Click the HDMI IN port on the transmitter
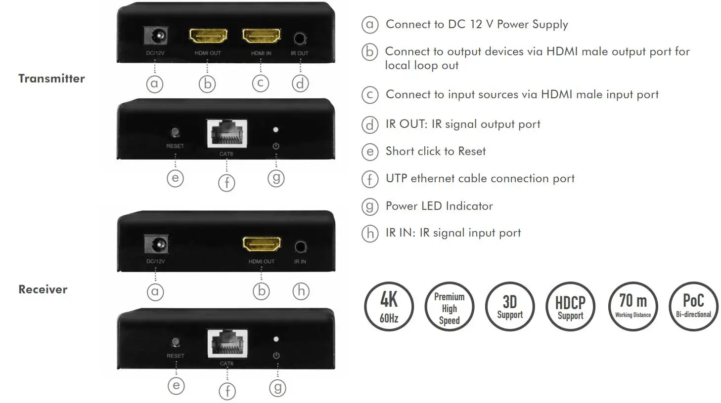click(x=261, y=36)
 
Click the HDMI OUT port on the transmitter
click(x=208, y=36)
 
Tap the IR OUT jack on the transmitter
click(x=300, y=38)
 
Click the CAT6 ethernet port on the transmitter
click(x=226, y=133)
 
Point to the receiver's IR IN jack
click(x=300, y=246)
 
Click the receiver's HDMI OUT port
click(x=262, y=244)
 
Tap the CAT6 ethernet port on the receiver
click(x=227, y=343)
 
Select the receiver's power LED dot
click(x=276, y=339)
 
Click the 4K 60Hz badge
click(x=389, y=307)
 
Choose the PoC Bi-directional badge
click(x=693, y=307)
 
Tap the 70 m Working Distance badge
click(x=633, y=307)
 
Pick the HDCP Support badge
click(x=570, y=307)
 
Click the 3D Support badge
click(x=510, y=307)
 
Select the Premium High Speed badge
click(x=449, y=307)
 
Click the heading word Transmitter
click(x=51, y=79)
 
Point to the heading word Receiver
click(x=43, y=289)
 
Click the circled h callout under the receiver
click(x=301, y=291)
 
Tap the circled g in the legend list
click(x=370, y=206)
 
